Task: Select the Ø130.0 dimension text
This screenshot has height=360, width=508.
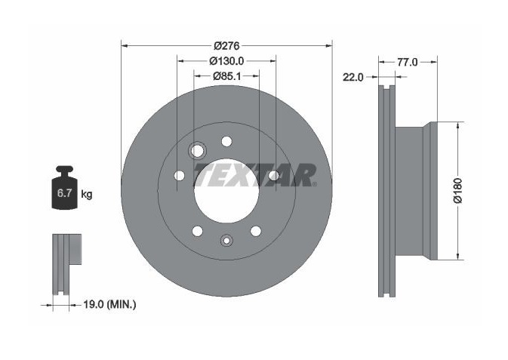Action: (x=226, y=61)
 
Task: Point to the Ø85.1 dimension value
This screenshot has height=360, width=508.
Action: (x=226, y=75)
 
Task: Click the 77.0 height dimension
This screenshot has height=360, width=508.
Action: (x=407, y=62)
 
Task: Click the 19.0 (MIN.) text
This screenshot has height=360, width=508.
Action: (x=105, y=305)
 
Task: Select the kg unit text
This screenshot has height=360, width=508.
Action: (x=87, y=195)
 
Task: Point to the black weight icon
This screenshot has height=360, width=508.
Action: (x=66, y=189)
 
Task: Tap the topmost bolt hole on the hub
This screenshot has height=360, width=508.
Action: (x=226, y=141)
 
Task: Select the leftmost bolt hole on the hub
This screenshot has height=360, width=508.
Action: (x=180, y=176)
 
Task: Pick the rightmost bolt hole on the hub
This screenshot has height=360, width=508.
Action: (x=272, y=176)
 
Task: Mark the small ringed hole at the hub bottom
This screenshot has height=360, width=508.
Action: (x=226, y=242)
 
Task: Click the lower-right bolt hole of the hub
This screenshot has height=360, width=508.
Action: (x=255, y=231)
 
